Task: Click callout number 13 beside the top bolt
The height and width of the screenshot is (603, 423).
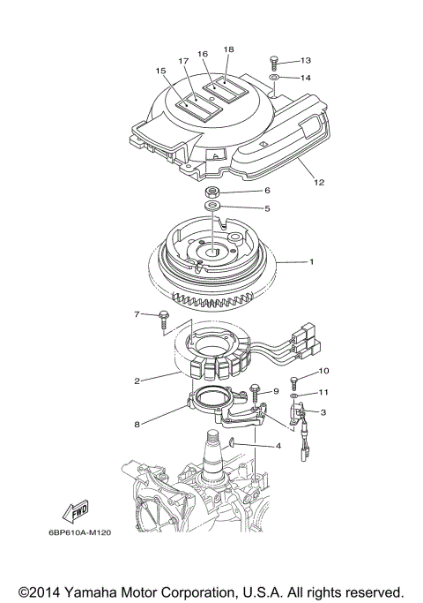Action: coord(306,61)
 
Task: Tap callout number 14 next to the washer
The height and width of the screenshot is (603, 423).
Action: coord(306,79)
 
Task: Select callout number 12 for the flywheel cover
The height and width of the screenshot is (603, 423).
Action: coord(318,183)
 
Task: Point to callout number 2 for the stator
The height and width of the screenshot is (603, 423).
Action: coord(137,381)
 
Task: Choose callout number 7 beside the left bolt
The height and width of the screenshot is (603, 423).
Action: coord(137,313)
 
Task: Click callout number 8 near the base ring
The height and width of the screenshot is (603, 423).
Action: coord(137,425)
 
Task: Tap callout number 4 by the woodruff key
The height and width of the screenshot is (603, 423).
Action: coord(278,447)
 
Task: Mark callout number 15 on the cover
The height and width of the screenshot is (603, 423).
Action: coord(160,71)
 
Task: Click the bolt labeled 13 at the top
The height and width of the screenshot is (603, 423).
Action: coord(274,61)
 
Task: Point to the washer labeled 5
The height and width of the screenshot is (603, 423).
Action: coord(212,208)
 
